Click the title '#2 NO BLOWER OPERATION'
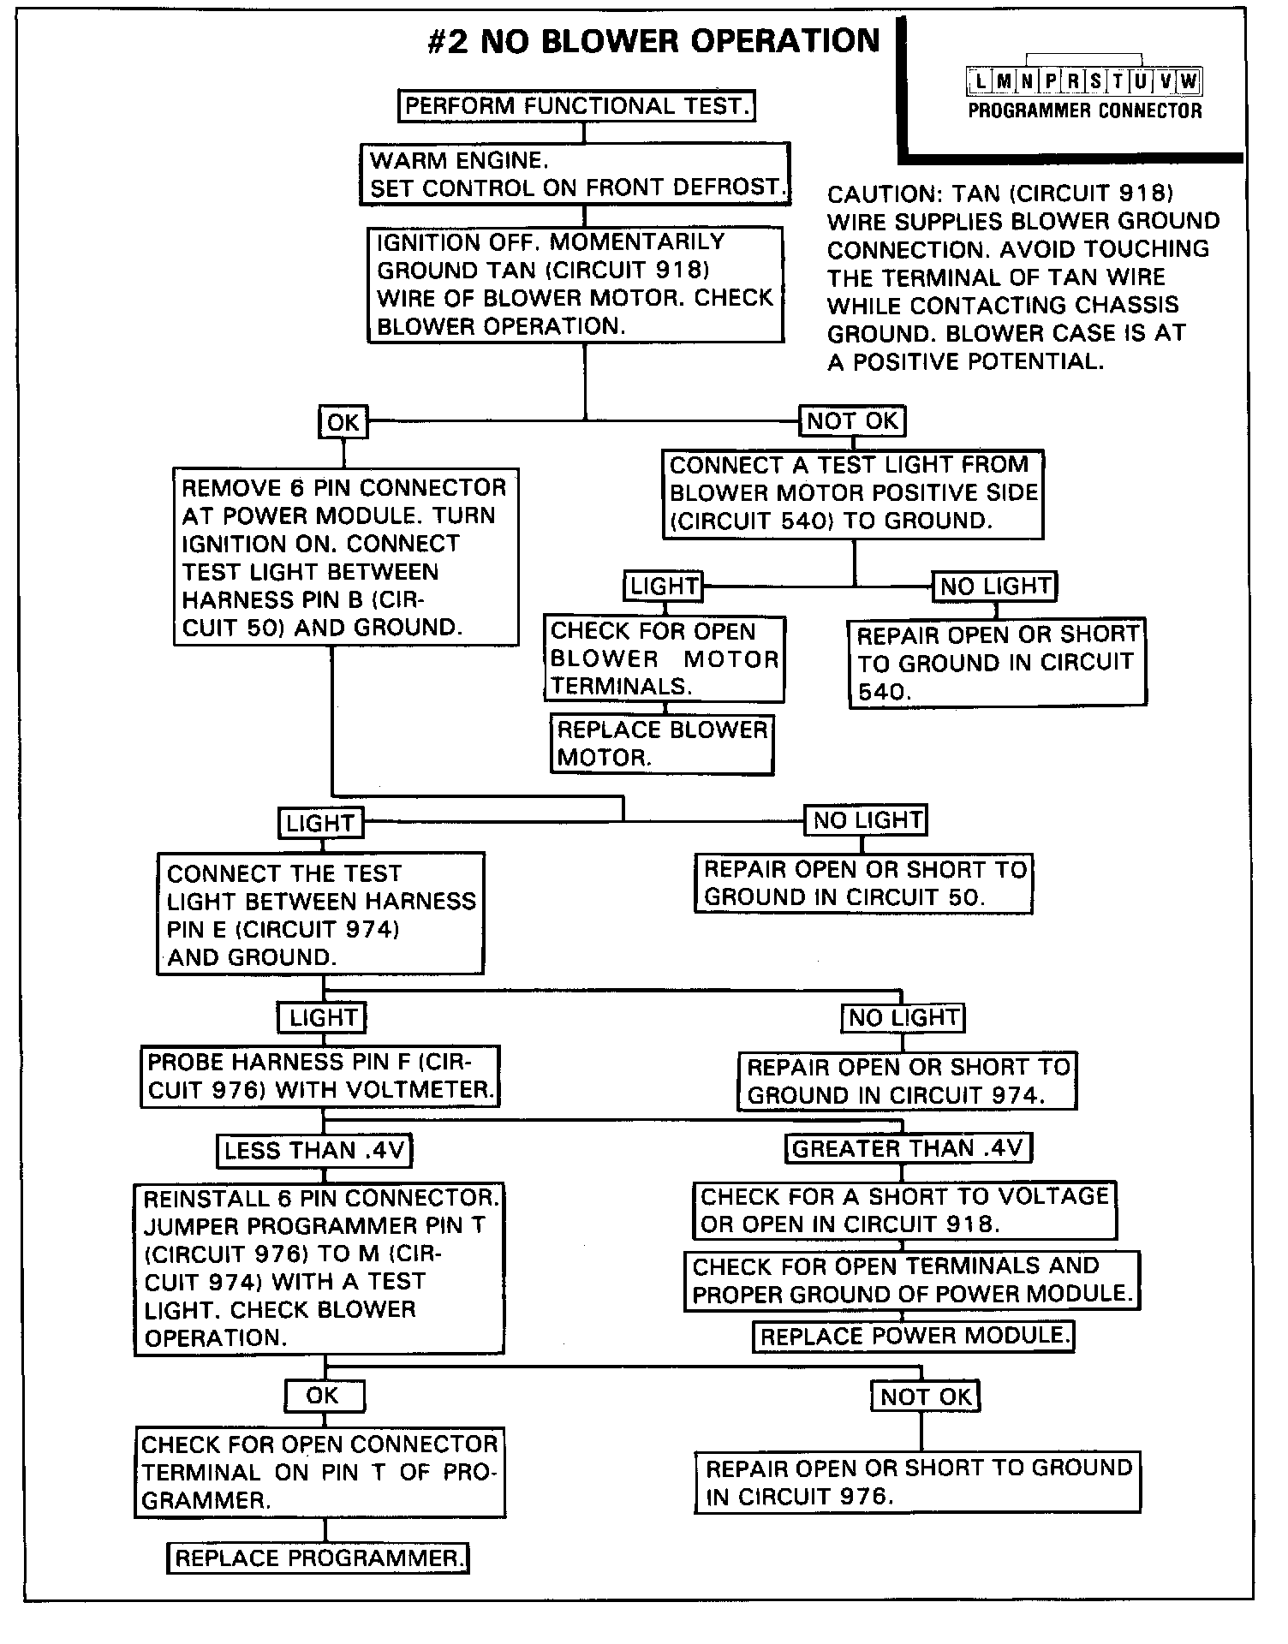[653, 42]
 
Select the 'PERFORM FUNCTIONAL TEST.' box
[578, 106]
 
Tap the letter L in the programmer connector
[980, 82]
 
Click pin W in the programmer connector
[1189, 82]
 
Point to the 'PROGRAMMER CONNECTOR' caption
[1085, 110]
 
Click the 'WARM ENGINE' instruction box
[574, 174]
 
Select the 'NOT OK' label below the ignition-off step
[852, 421]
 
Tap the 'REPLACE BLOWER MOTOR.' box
[661, 744]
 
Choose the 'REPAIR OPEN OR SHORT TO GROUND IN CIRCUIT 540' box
[997, 663]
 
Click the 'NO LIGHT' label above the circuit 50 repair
[866, 820]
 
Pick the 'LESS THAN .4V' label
[313, 1151]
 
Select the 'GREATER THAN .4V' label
[908, 1148]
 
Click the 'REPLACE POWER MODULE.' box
[913, 1337]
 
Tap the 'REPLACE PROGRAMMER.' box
[318, 1558]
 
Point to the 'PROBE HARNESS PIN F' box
[319, 1076]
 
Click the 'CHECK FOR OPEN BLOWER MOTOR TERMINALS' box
[664, 658]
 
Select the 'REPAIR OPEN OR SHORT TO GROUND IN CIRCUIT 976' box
[917, 1482]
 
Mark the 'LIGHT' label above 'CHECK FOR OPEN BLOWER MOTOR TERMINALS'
[664, 587]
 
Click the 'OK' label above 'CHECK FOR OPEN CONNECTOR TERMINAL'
[324, 1396]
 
